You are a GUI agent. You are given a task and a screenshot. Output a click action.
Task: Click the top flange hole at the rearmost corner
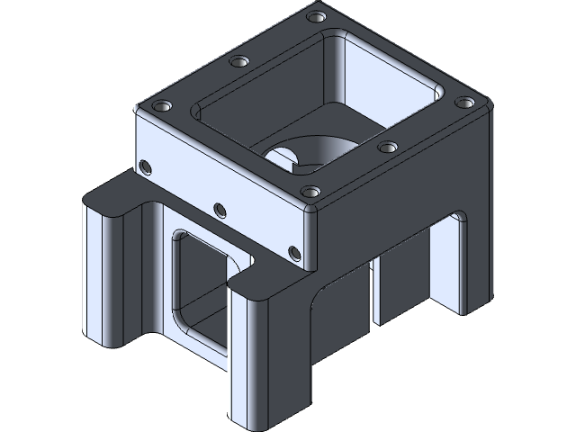(x=315, y=16)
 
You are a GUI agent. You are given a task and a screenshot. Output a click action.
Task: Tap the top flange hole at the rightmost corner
(x=466, y=103)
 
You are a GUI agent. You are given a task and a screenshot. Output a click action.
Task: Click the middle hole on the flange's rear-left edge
(x=238, y=62)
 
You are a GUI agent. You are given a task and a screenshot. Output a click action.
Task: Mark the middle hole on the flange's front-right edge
(x=388, y=147)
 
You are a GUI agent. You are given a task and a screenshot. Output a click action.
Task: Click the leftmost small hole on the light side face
(x=144, y=164)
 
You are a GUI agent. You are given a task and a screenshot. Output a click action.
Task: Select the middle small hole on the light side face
(x=218, y=210)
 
